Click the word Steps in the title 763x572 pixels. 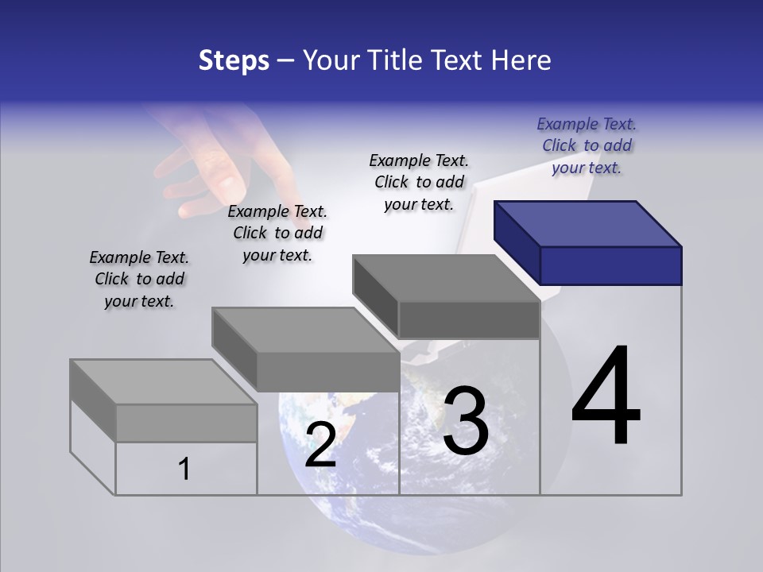pyautogui.click(x=234, y=60)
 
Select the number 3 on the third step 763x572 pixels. pyautogui.click(x=465, y=421)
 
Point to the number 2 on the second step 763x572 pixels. pyautogui.click(x=320, y=445)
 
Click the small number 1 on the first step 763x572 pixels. pyautogui.click(x=184, y=469)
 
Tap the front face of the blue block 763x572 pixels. pyautogui.click(x=610, y=265)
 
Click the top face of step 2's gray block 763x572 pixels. pyautogui.click(x=305, y=330)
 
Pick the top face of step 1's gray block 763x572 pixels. pyautogui.click(x=163, y=382)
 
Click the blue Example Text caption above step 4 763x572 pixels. pyautogui.click(x=587, y=145)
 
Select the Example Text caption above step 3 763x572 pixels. pyautogui.click(x=419, y=182)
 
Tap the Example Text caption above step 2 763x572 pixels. pyautogui.click(x=277, y=233)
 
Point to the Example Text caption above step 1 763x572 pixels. pyautogui.click(x=139, y=279)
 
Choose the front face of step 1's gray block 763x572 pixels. pyautogui.click(x=186, y=423)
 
